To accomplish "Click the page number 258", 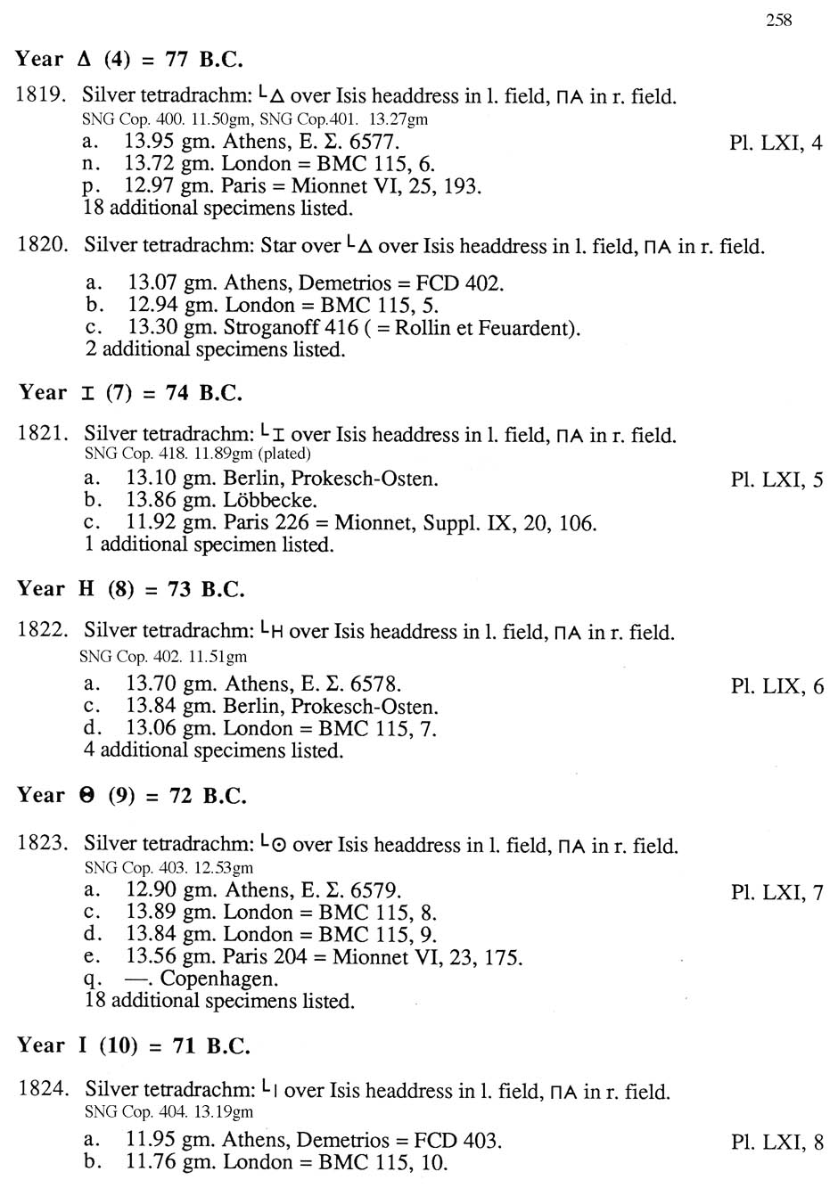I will point(778,20).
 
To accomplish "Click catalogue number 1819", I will point(43,96).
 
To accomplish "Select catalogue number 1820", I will point(43,245).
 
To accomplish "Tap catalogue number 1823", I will point(43,843).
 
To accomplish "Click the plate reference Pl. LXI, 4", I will point(776,143).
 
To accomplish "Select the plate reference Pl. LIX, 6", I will point(776,686).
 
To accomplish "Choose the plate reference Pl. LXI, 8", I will point(776,1142).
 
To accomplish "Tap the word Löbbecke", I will point(269,501).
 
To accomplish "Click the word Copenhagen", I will point(218,979).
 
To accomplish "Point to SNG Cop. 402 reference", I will point(124,658).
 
